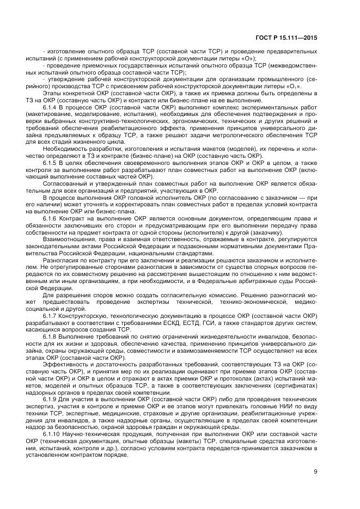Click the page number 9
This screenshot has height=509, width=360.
coord(315,472)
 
